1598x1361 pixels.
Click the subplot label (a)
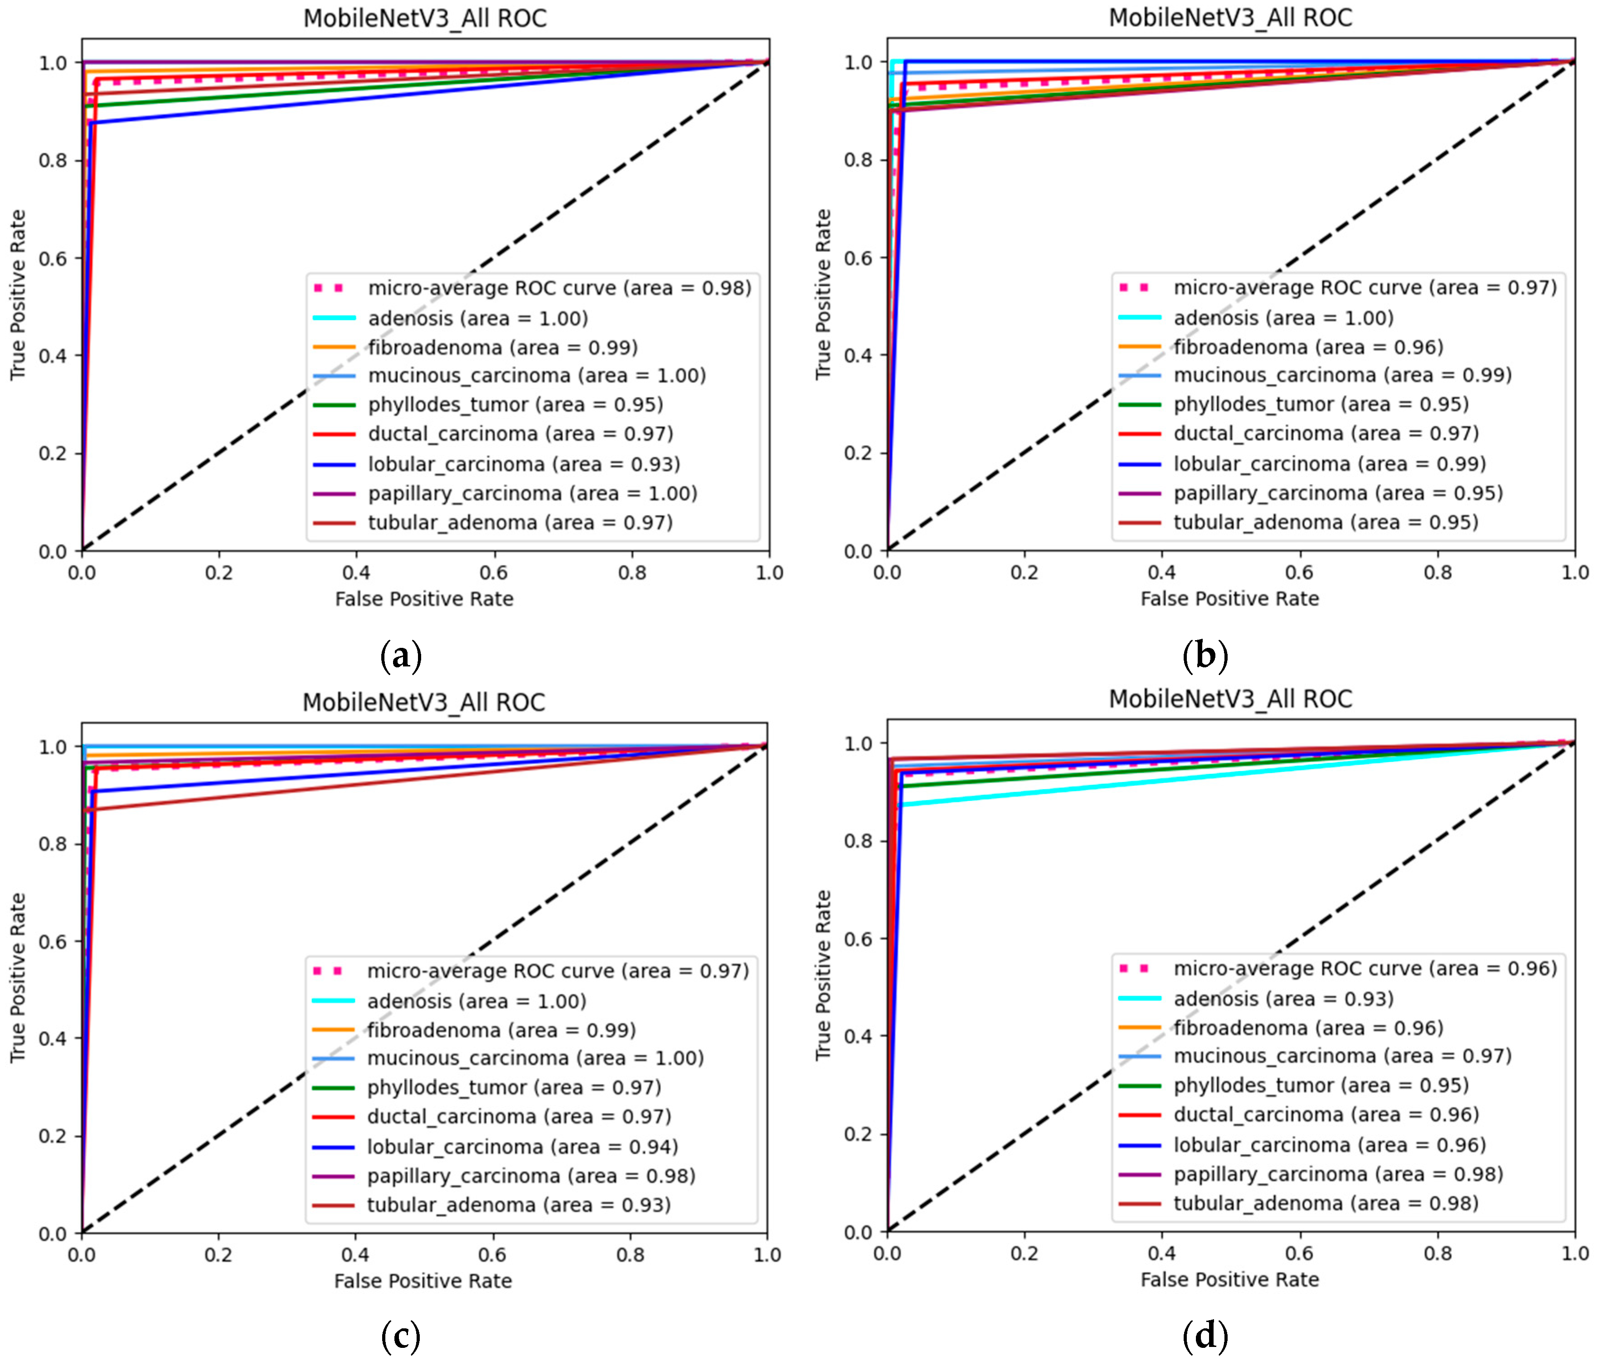(401, 656)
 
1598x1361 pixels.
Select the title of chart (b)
(1230, 18)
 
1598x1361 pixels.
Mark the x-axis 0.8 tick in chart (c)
(630, 1254)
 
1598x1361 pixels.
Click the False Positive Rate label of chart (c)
(423, 1281)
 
